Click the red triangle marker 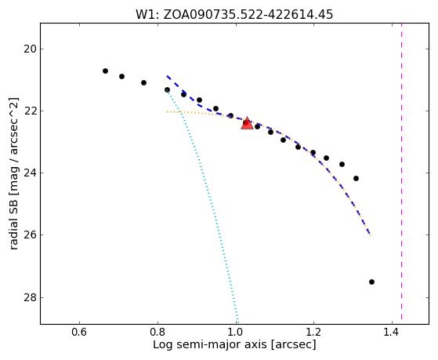tap(248, 123)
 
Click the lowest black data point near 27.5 tap(371, 282)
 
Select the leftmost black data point tap(105, 71)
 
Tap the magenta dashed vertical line tap(401, 172)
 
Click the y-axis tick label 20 tap(30, 49)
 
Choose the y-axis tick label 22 tap(30, 111)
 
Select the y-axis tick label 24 tap(30, 173)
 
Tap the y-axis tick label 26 tap(30, 235)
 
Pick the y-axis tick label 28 tap(30, 297)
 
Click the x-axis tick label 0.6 tap(80, 333)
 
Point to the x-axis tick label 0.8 tap(157, 333)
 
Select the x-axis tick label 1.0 tap(236, 333)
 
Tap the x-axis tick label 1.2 tap(314, 333)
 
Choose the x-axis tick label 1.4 tap(392, 333)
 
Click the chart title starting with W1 tap(234, 15)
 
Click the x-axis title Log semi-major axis tap(234, 345)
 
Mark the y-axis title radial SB tap(13, 173)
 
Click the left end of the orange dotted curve tap(167, 112)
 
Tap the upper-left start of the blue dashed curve tap(167, 76)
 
